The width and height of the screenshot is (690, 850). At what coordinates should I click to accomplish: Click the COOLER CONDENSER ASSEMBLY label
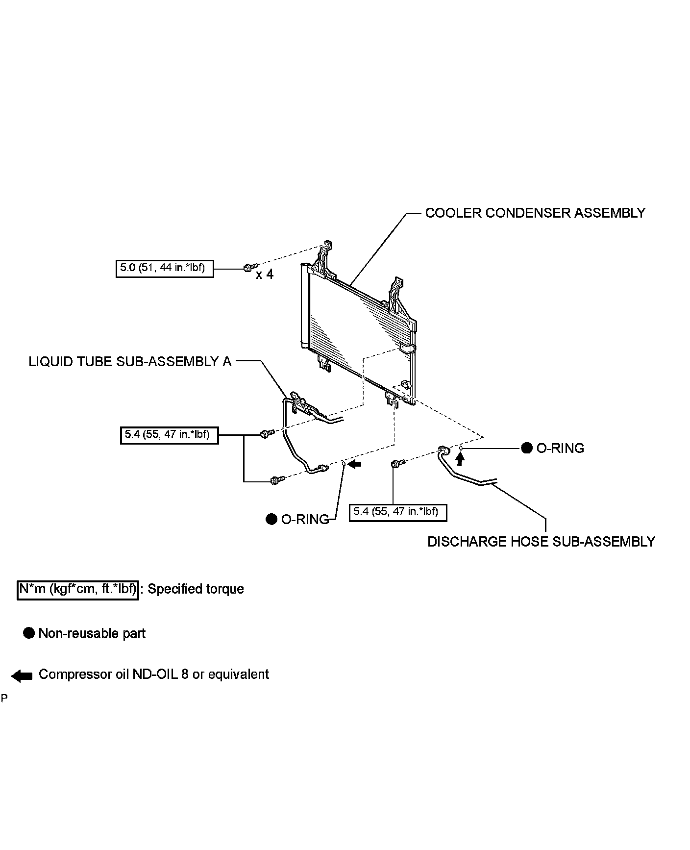[535, 213]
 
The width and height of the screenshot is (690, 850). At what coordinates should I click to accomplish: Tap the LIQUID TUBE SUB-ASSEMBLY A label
[130, 362]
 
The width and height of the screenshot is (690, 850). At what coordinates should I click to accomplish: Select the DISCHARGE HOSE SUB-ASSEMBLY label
[541, 542]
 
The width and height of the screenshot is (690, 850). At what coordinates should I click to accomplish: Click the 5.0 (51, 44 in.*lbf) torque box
[165, 269]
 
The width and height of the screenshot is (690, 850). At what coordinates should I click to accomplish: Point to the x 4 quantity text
[265, 275]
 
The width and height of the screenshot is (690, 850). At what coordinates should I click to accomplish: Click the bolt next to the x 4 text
[248, 268]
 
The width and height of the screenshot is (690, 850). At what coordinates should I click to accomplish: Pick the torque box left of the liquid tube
[169, 435]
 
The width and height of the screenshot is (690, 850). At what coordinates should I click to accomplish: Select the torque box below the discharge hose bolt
[397, 512]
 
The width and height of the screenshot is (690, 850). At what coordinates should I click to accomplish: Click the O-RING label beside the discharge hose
[560, 449]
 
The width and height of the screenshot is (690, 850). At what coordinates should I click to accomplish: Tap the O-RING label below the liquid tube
[305, 520]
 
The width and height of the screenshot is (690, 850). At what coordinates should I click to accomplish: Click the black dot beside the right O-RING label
[526, 448]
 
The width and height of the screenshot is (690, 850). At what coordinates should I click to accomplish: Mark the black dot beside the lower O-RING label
[271, 519]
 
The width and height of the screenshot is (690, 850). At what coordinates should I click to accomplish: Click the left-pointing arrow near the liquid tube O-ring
[354, 464]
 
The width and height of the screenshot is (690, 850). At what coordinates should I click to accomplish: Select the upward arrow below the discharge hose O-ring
[459, 459]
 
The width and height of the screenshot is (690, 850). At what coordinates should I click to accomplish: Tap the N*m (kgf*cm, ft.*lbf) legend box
[78, 589]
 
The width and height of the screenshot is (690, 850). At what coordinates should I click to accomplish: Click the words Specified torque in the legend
[196, 589]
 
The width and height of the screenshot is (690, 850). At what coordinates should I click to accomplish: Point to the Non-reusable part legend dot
[29, 633]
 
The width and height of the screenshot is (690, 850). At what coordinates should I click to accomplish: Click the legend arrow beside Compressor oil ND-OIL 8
[22, 676]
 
